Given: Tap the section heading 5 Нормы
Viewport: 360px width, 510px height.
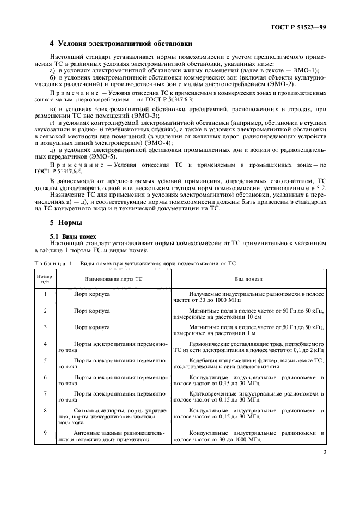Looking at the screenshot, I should [66, 223].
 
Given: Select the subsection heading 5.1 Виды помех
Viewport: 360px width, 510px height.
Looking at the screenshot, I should [73, 236].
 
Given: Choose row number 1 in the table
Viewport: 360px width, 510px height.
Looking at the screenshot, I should [45, 294].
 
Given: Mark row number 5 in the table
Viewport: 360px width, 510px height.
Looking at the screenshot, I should [45, 361].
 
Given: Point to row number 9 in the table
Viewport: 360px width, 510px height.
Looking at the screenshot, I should [45, 433].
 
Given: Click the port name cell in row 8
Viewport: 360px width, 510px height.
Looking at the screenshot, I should [113, 417].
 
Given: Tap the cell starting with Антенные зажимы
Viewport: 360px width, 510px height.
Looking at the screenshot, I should [113, 436].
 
